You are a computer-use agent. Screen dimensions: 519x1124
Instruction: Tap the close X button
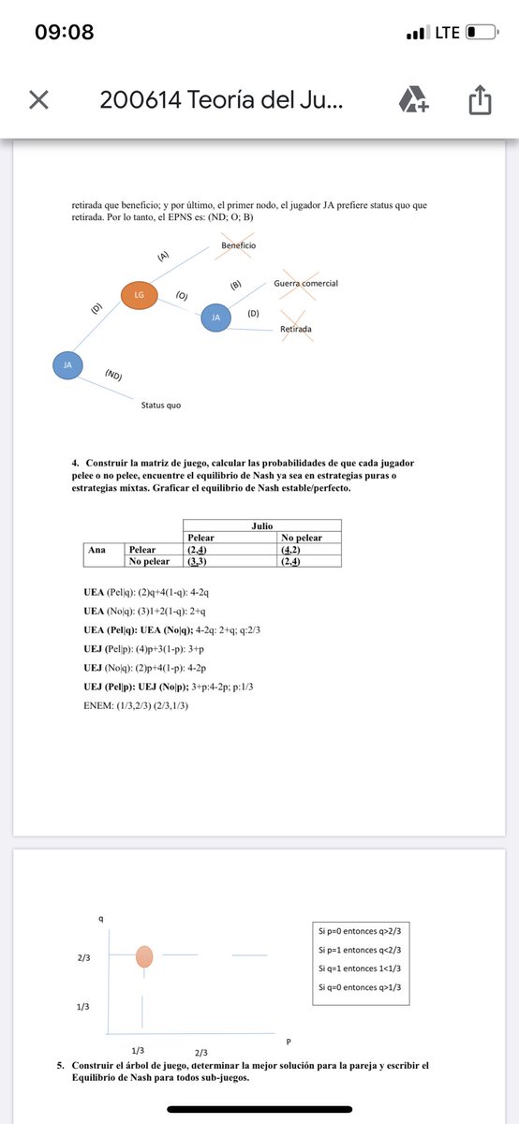(x=38, y=100)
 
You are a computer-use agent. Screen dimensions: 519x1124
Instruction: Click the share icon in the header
(x=479, y=100)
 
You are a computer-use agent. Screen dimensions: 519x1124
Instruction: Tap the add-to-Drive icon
(x=412, y=99)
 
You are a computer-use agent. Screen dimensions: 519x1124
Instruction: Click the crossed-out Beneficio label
(x=238, y=245)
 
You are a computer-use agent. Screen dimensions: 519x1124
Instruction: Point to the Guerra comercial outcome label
(x=305, y=283)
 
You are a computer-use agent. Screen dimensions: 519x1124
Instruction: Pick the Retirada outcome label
(x=296, y=329)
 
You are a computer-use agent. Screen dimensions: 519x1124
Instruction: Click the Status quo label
(x=161, y=406)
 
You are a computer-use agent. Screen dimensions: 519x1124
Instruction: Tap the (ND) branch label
(x=113, y=376)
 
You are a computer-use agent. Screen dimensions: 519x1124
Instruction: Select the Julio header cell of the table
(x=262, y=526)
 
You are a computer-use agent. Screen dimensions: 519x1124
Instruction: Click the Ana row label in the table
(x=96, y=549)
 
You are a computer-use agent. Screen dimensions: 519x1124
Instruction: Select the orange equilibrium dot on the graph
(x=144, y=955)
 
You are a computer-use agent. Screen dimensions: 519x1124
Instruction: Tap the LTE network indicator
(x=447, y=32)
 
